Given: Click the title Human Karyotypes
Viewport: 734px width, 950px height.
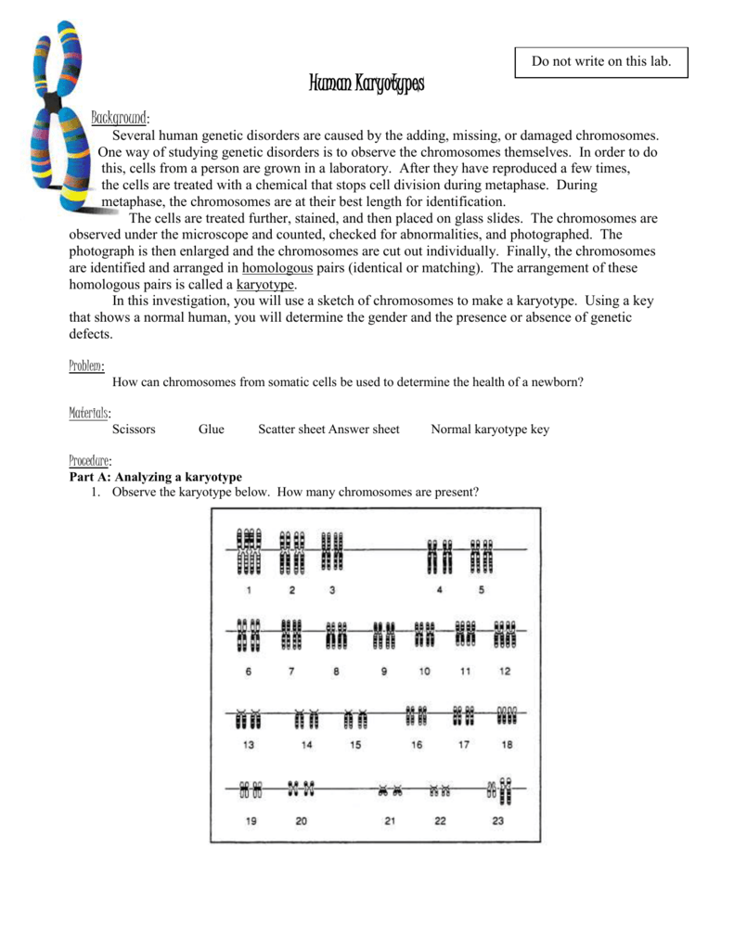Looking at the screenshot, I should pyautogui.click(x=366, y=85).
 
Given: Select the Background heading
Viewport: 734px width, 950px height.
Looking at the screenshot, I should pyautogui.click(x=120, y=118).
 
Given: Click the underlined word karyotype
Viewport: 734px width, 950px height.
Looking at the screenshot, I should pyautogui.click(x=265, y=284).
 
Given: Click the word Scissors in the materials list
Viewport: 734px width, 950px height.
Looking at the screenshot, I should pyautogui.click(x=134, y=430).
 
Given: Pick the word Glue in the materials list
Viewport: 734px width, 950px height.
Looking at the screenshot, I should pyautogui.click(x=212, y=430).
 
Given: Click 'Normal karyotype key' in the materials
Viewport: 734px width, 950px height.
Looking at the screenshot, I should pyautogui.click(x=490, y=430).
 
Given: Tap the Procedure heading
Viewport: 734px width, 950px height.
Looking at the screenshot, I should pyautogui.click(x=90, y=460).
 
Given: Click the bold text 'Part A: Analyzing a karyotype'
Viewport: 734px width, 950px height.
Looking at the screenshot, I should pyautogui.click(x=155, y=476).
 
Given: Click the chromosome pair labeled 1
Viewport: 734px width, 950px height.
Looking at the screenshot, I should pyautogui.click(x=249, y=551).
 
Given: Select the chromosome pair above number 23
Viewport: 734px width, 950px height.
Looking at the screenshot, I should pyautogui.click(x=500, y=790).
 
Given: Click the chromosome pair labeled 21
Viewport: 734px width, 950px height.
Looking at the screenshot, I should pyautogui.click(x=390, y=791).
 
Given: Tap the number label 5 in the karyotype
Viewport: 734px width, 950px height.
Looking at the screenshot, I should pyautogui.click(x=481, y=589).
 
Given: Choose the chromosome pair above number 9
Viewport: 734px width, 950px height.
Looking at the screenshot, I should pyautogui.click(x=384, y=635).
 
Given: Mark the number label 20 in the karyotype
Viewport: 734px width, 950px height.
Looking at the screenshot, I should pyautogui.click(x=301, y=821).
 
